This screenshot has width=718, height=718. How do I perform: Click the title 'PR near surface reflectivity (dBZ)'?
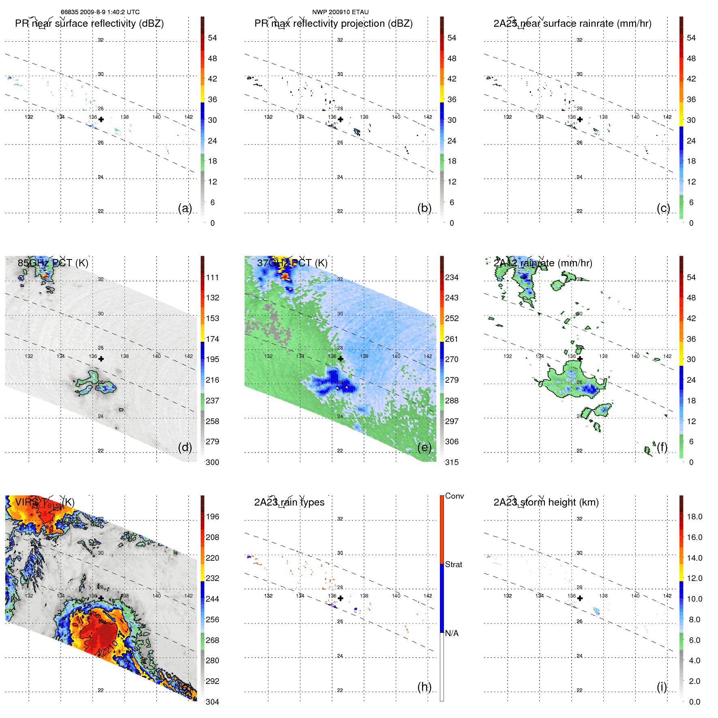pyautogui.click(x=89, y=24)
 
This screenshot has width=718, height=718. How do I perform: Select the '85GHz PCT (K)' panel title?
pyautogui.click(x=53, y=263)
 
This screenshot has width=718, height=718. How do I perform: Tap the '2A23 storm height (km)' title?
pyautogui.click(x=546, y=502)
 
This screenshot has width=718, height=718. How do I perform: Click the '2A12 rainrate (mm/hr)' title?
pyautogui.click(x=543, y=263)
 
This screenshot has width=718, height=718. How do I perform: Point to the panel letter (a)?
pyautogui.click(x=184, y=208)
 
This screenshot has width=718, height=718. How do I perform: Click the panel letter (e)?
pyautogui.click(x=424, y=447)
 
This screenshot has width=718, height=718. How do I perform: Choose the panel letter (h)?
pyautogui.click(x=424, y=687)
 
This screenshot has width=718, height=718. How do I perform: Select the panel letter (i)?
pyautogui.click(x=662, y=687)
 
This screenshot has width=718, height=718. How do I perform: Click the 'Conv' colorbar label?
pyautogui.click(x=454, y=496)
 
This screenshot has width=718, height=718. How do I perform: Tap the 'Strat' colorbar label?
pyautogui.click(x=453, y=564)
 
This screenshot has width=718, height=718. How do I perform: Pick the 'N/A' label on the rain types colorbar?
pyautogui.click(x=452, y=633)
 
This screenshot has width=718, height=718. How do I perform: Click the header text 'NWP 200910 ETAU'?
pyautogui.click(x=340, y=12)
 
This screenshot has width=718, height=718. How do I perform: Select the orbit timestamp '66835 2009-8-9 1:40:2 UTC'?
pyautogui.click(x=100, y=12)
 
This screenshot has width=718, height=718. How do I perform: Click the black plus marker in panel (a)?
pyautogui.click(x=101, y=119)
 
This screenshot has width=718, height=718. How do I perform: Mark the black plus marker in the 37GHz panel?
pyautogui.click(x=341, y=359)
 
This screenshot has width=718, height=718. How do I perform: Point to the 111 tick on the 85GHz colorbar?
pyautogui.click(x=212, y=278)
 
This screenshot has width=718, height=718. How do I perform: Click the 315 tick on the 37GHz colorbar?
pyautogui.click(x=452, y=462)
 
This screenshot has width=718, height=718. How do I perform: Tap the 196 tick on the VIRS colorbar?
pyautogui.click(x=212, y=517)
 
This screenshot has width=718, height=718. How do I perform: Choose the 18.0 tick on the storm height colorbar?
pyautogui.click(x=694, y=517)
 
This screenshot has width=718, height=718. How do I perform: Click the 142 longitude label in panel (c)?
pyautogui.click(x=667, y=117)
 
